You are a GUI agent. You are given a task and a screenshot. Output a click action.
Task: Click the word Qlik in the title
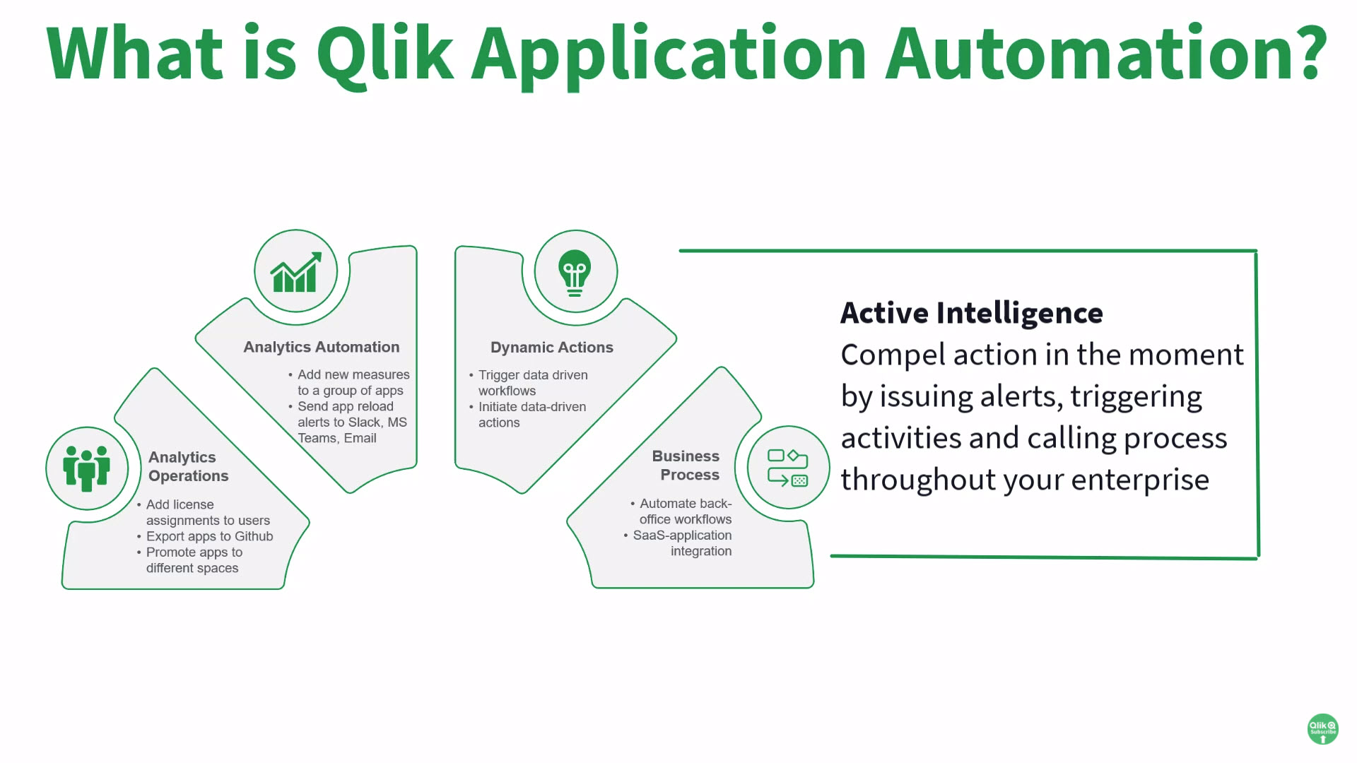pyautogui.click(x=384, y=54)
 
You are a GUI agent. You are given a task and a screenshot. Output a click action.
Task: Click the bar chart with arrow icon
pyautogui.click(x=296, y=272)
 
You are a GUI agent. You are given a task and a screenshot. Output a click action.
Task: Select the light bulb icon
pyautogui.click(x=575, y=273)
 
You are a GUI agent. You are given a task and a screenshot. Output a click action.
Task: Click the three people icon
pyautogui.click(x=87, y=468)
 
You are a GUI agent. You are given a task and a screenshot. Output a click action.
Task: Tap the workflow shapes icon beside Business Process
pyautogui.click(x=787, y=468)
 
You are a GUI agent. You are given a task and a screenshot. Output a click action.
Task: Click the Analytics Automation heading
pyautogui.click(x=322, y=347)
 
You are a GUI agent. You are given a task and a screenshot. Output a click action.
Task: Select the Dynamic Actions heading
pyautogui.click(x=551, y=348)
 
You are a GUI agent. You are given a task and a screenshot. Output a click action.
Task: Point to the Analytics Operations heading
pyautogui.click(x=188, y=466)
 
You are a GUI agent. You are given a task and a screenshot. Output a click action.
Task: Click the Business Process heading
pyautogui.click(x=686, y=466)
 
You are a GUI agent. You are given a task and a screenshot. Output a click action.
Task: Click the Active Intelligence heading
pyautogui.click(x=971, y=313)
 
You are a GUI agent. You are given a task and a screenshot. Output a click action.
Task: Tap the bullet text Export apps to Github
pyautogui.click(x=209, y=536)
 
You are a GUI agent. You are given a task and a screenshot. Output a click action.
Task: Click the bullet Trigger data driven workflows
pyautogui.click(x=532, y=382)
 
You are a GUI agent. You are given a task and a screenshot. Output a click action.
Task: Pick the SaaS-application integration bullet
pyautogui.click(x=682, y=543)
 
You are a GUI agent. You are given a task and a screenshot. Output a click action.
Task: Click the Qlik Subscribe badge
pyautogui.click(x=1322, y=728)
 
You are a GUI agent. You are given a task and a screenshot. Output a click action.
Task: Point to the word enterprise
pyautogui.click(x=1140, y=480)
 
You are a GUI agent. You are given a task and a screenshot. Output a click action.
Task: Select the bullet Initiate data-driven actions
pyautogui.click(x=531, y=414)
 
